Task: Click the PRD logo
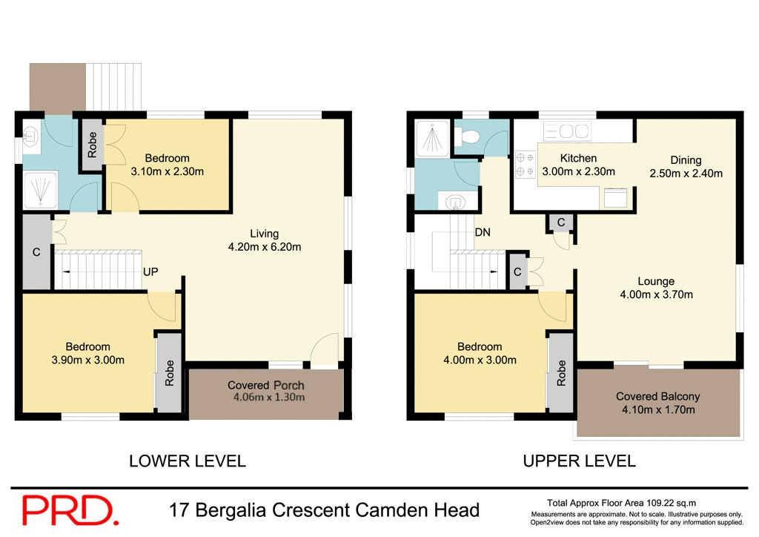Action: click(70, 510)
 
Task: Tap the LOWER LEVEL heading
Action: click(187, 461)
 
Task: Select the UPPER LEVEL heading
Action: click(579, 461)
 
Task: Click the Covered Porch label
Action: click(265, 386)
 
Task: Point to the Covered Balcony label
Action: click(657, 396)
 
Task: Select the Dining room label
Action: click(686, 160)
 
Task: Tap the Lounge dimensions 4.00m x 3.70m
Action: click(656, 294)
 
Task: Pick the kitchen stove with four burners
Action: click(526, 165)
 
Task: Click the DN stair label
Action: click(483, 232)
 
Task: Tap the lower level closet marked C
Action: click(36, 251)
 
